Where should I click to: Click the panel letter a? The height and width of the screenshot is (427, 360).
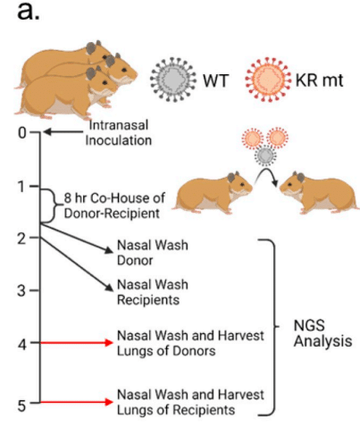pos(29,11)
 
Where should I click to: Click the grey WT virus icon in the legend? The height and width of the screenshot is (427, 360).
pos(173,80)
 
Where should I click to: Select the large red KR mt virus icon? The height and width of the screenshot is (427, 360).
pos(268,80)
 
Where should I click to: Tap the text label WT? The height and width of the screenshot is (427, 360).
pos(215,80)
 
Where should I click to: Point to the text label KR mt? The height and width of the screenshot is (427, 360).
pos(319,80)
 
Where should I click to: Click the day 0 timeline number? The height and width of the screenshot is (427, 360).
pos(22,133)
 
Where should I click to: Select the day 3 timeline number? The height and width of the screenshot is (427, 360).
pos(21,290)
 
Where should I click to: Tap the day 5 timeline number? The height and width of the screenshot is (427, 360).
pos(21,406)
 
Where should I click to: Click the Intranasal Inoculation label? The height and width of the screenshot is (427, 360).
pos(119,133)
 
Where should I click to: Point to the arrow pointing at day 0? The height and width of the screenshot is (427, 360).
pos(63,131)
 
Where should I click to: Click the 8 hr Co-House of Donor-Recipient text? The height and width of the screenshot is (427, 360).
pos(114,205)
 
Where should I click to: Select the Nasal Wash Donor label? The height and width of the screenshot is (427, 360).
pos(153,253)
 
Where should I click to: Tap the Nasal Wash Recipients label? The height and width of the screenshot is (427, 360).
pos(153,292)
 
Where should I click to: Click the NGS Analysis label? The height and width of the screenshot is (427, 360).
pos(322,333)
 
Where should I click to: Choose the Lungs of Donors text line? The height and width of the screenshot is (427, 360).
pos(166,351)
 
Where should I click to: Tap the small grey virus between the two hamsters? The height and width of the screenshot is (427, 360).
pos(265,155)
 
